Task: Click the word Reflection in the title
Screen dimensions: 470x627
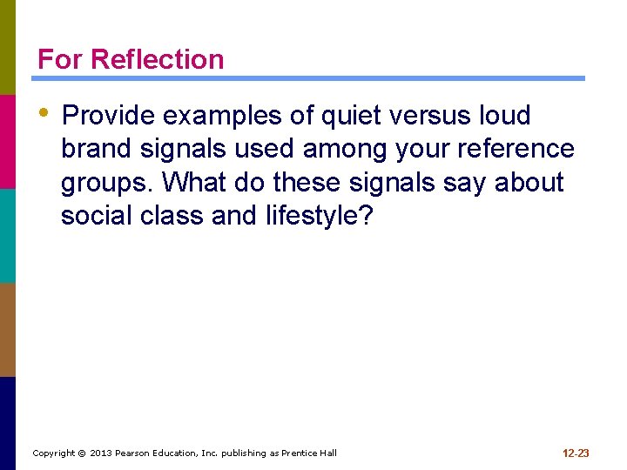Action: [157, 59]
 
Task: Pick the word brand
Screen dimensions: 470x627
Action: [97, 149]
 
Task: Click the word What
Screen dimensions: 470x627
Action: [194, 183]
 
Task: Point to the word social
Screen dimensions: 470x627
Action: [96, 216]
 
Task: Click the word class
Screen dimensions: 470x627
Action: [171, 216]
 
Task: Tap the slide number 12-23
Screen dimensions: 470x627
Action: [576, 453]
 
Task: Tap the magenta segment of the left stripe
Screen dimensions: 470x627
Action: [8, 141]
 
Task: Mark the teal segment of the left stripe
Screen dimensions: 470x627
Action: [8, 235]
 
